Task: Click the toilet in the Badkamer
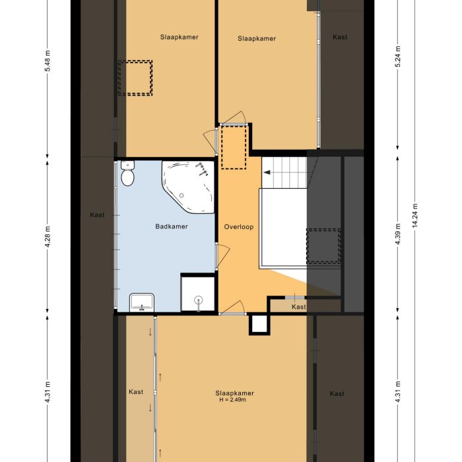click(x=128, y=175)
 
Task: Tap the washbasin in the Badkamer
click(x=142, y=302)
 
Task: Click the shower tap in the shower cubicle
click(x=199, y=301)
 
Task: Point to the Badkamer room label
click(x=172, y=226)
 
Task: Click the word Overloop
click(x=239, y=226)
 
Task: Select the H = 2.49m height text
click(x=232, y=400)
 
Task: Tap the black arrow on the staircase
click(x=268, y=172)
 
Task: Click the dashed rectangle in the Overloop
click(x=234, y=147)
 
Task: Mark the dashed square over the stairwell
click(x=323, y=246)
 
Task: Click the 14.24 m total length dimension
click(x=414, y=215)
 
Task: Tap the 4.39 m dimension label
click(x=397, y=236)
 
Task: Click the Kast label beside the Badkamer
click(x=97, y=215)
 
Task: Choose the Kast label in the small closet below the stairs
click(x=299, y=307)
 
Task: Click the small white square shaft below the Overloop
click(x=259, y=324)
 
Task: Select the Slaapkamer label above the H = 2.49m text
click(x=234, y=393)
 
